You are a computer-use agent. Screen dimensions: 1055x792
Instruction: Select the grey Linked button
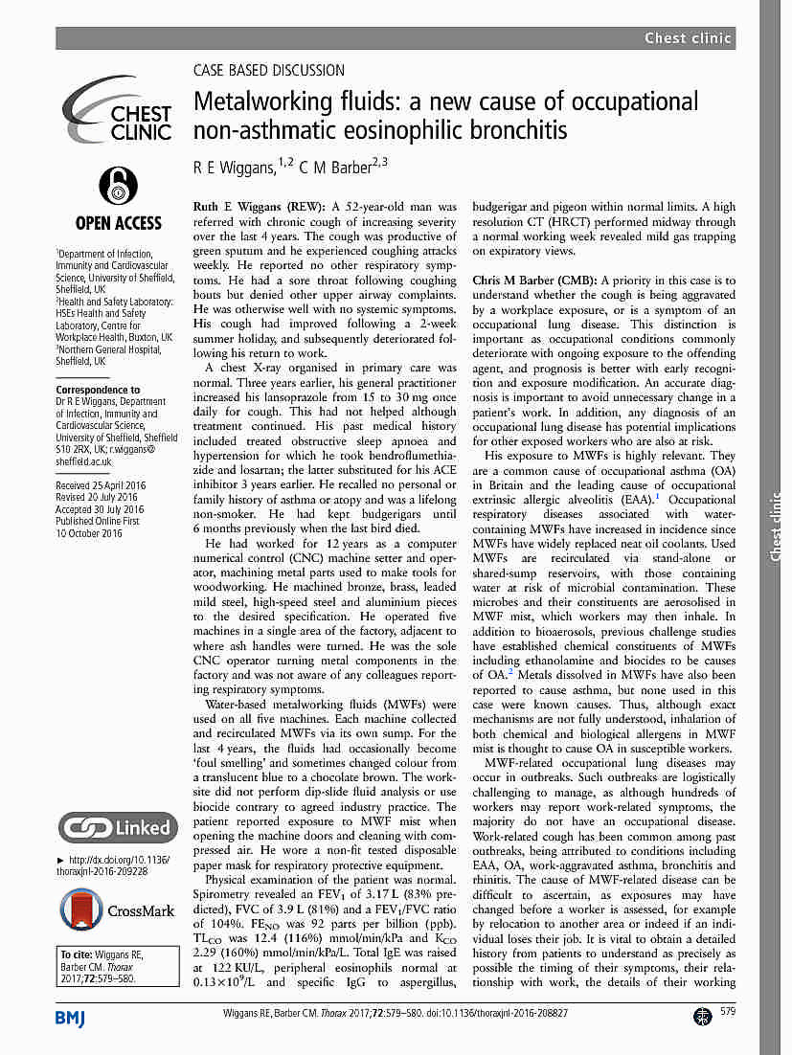117,826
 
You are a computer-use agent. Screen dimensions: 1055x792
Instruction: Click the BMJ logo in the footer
70,1017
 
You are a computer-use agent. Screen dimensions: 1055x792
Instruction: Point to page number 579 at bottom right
728,1013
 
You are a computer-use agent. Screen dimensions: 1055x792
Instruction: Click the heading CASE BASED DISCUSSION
268,70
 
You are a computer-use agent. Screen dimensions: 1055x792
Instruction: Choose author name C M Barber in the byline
340,168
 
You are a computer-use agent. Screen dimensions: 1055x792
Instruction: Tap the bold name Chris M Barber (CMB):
532,281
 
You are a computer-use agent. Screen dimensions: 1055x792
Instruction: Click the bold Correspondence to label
98,390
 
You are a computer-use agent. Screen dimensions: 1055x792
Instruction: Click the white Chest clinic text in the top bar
688,38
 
